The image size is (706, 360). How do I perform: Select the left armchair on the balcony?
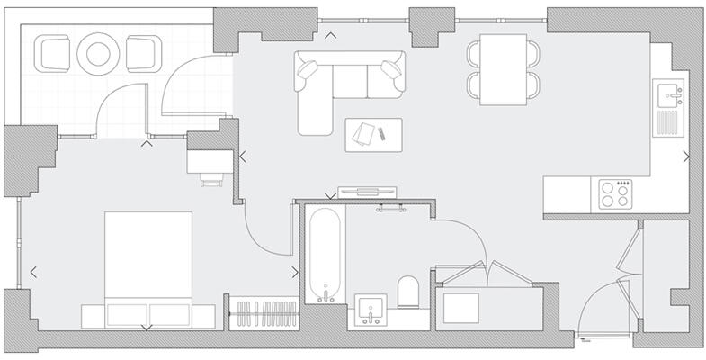52,54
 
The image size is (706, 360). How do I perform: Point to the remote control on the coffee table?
381,134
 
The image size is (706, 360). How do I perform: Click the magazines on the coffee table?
364,133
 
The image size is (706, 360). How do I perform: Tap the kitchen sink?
669,91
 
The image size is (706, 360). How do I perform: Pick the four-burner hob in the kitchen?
616,194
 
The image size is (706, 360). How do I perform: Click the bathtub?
325,256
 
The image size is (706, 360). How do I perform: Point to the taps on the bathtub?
325,294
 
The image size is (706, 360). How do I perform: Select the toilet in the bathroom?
409,292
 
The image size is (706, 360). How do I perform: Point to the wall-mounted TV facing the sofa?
364,192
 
